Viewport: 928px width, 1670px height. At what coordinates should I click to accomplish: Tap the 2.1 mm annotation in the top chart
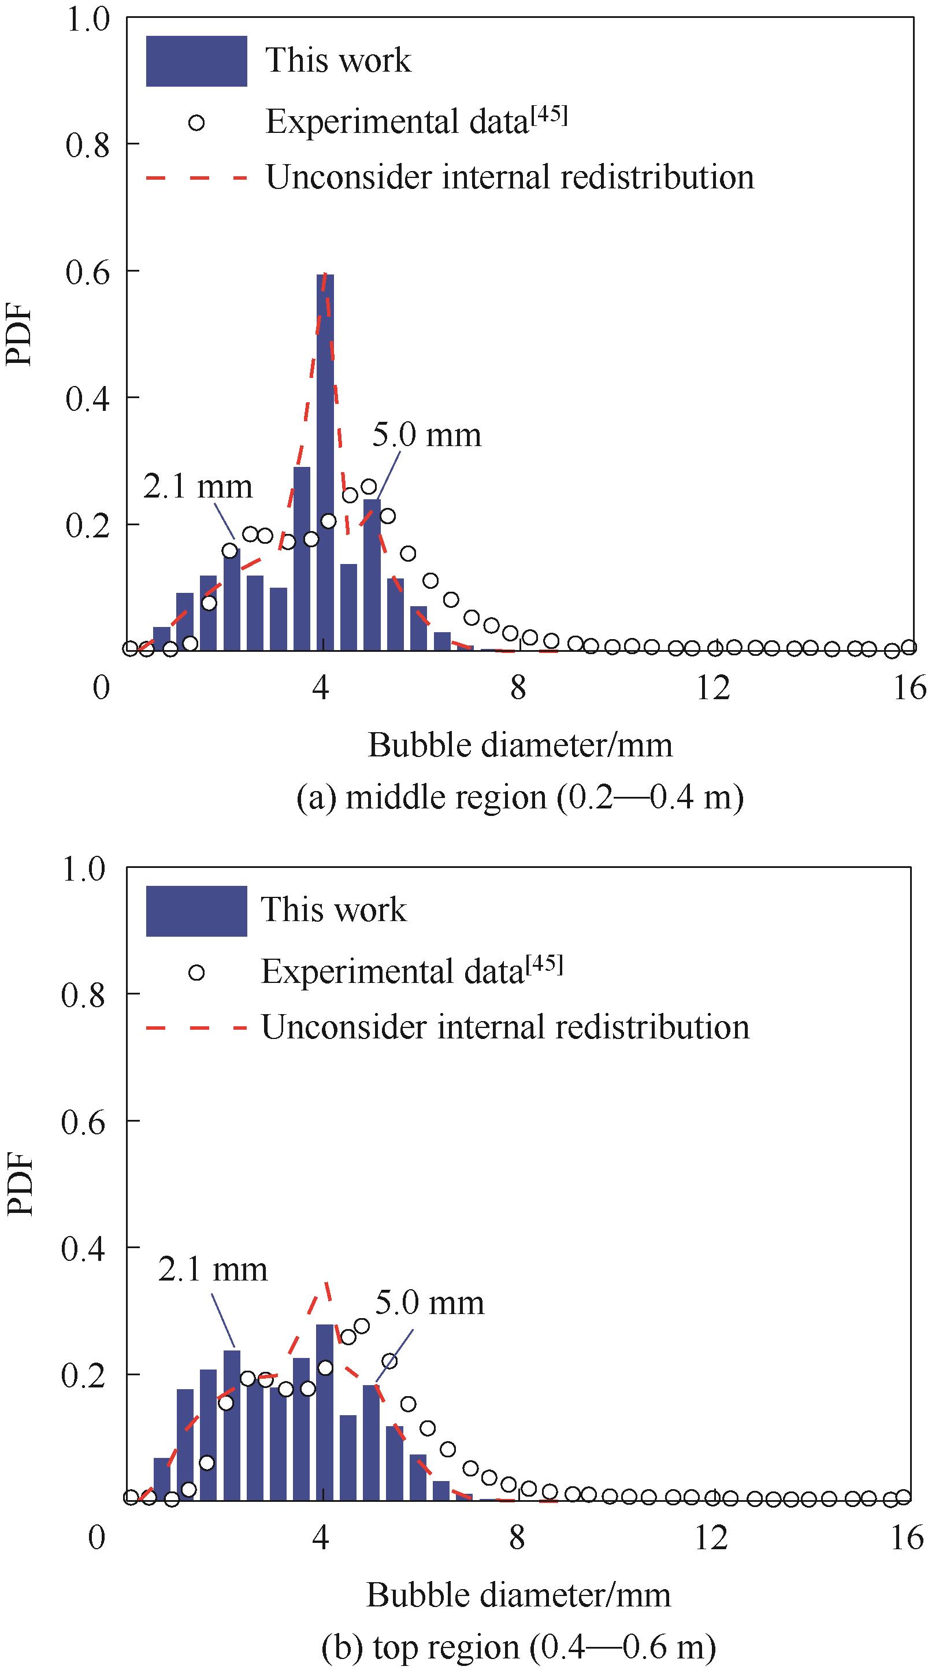pos(198,487)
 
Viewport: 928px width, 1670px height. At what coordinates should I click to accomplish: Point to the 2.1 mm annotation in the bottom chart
pos(213,1270)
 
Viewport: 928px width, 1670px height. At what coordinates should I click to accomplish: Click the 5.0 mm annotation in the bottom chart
pos(430,1303)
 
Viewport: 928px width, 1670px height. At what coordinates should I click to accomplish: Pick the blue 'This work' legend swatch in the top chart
pos(196,61)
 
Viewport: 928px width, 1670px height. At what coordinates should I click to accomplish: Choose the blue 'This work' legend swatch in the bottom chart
pos(196,911)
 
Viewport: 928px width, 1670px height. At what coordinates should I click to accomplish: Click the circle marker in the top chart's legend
pos(196,122)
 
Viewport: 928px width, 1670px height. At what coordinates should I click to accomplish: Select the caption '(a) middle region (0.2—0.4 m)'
pos(519,797)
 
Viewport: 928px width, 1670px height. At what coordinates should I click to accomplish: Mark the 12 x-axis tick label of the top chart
pos(713,688)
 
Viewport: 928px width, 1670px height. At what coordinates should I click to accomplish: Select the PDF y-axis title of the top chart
pos(20,335)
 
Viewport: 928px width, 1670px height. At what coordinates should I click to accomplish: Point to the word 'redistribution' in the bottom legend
pos(656,1028)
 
